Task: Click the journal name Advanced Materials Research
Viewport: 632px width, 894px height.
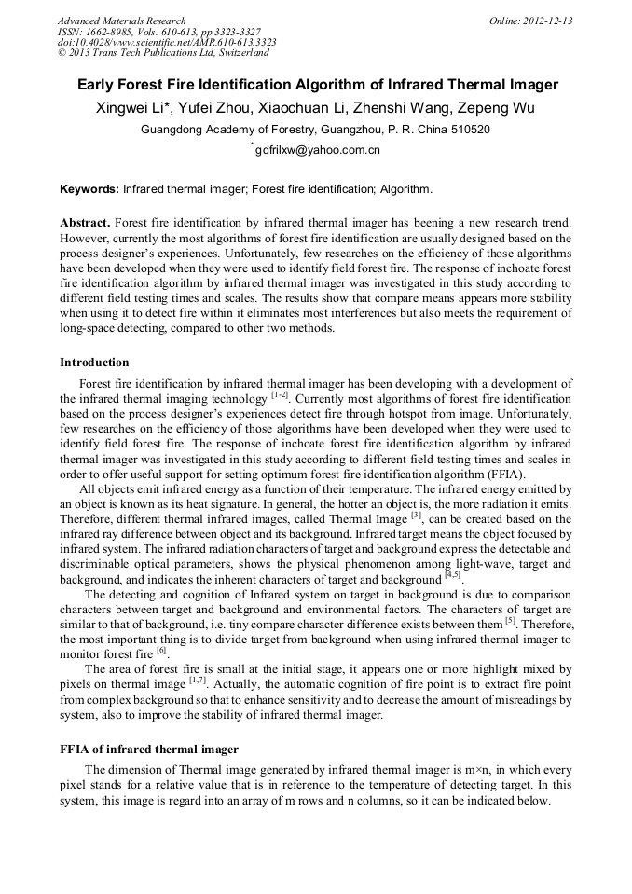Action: pyautogui.click(x=122, y=21)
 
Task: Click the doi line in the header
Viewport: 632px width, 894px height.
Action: pyautogui.click(x=167, y=42)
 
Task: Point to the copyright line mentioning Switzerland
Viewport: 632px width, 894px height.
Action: pyautogui.click(x=163, y=53)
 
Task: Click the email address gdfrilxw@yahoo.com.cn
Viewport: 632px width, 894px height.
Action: pyautogui.click(x=318, y=150)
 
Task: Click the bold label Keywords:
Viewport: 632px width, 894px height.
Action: pyautogui.click(x=89, y=189)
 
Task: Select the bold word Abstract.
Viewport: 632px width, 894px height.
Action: pyautogui.click(x=86, y=224)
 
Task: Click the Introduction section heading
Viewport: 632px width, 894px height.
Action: pyautogui.click(x=94, y=362)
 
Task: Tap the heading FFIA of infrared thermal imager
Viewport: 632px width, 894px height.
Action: pyautogui.click(x=149, y=749)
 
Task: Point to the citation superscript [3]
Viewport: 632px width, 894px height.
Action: pyautogui.click(x=417, y=515)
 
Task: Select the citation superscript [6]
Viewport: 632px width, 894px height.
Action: pyautogui.click(x=161, y=649)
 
